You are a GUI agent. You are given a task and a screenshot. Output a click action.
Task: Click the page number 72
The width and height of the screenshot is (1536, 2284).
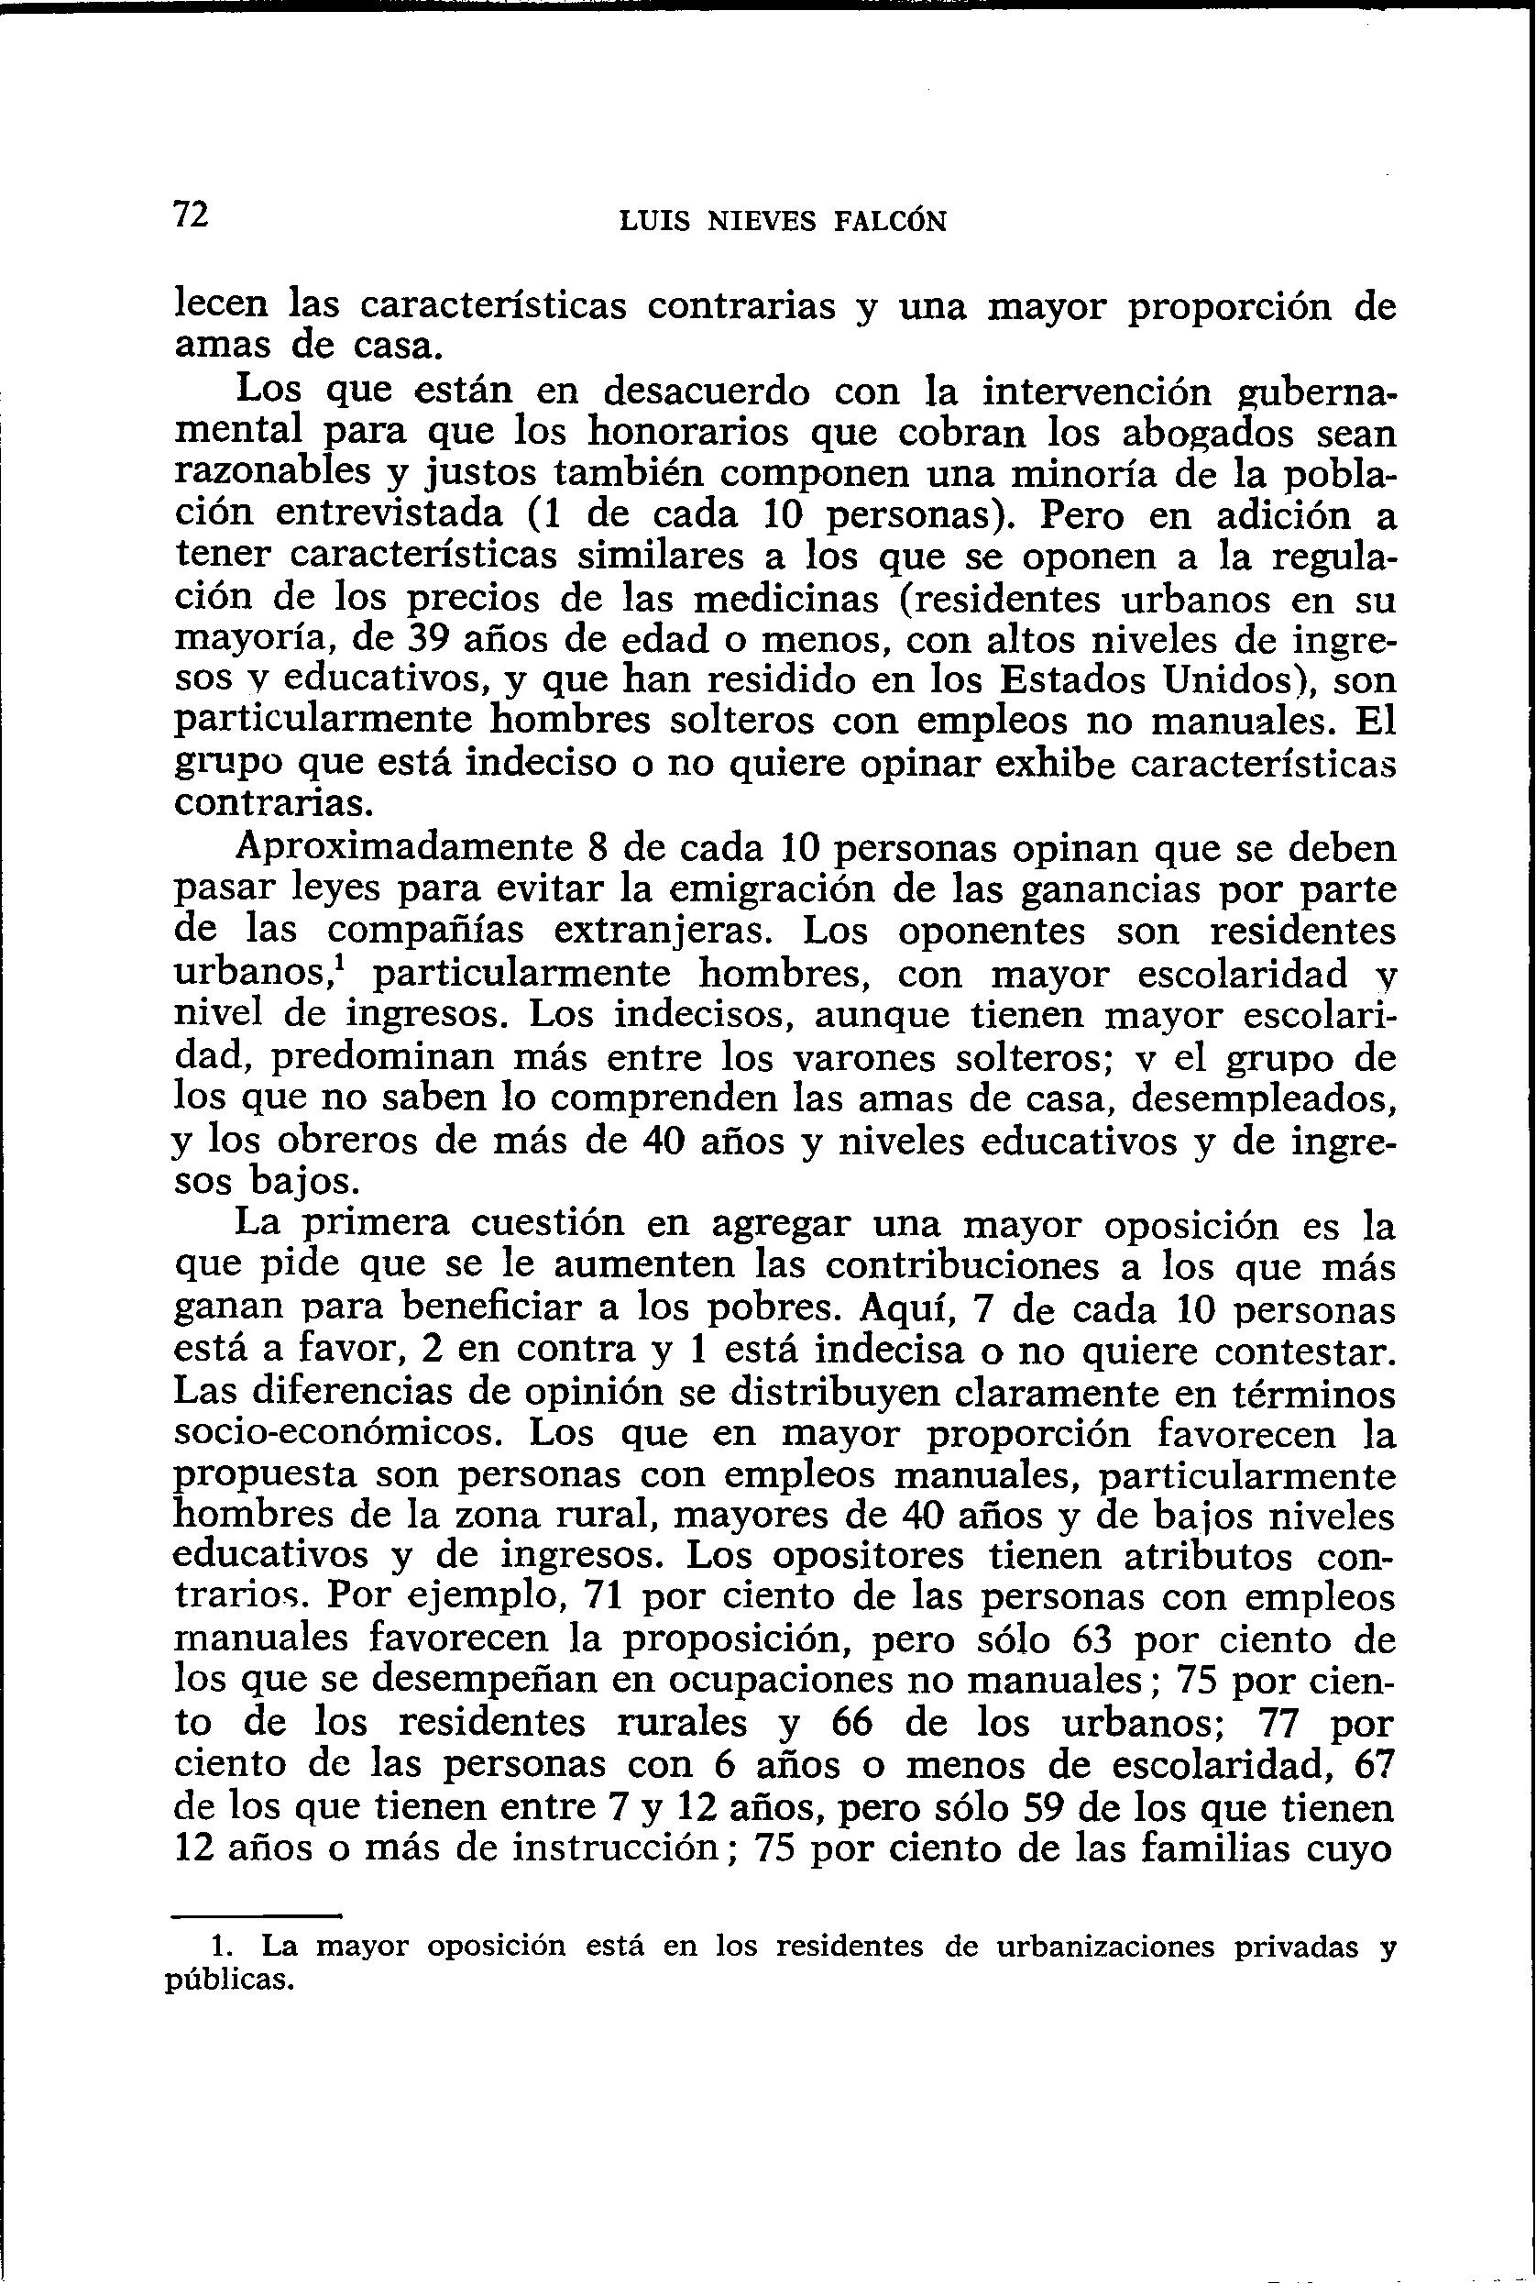pyautogui.click(x=191, y=214)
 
